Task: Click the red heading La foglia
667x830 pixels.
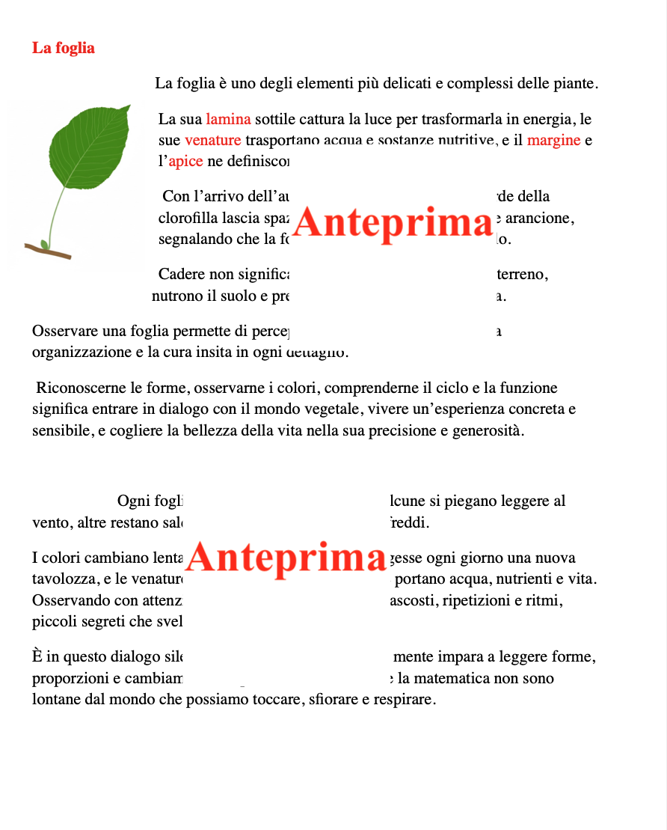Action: click(x=64, y=48)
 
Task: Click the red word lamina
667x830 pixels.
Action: click(x=228, y=119)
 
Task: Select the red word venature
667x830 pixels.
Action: click(x=212, y=140)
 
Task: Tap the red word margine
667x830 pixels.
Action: click(x=553, y=140)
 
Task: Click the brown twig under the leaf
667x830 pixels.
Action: click(x=52, y=251)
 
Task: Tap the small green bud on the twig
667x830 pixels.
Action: click(x=44, y=245)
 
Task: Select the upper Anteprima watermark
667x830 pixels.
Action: click(x=393, y=223)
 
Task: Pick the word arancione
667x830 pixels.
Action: click(x=541, y=219)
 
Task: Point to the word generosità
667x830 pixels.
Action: click(x=488, y=431)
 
